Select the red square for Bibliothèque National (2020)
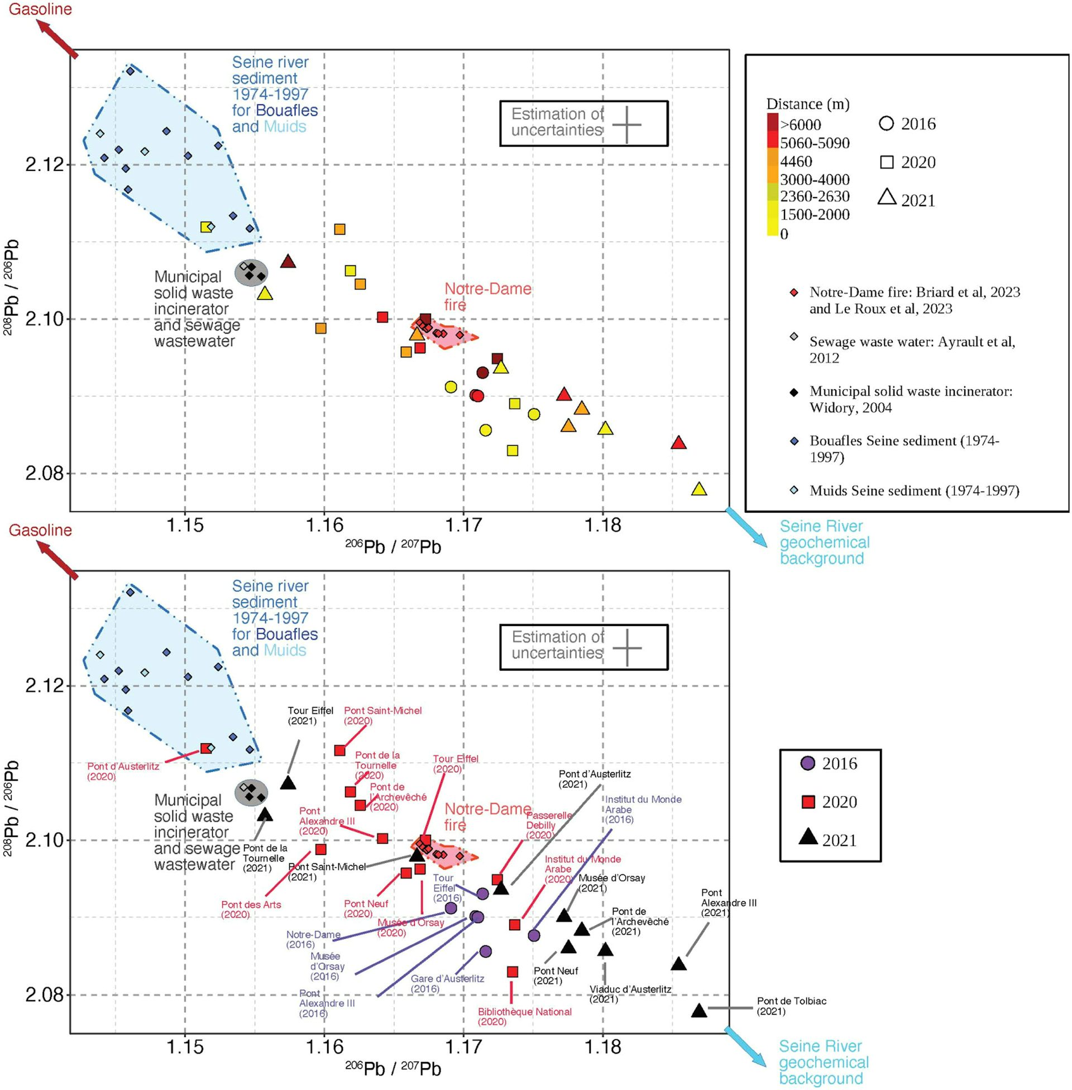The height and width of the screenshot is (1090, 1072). pyautogui.click(x=513, y=972)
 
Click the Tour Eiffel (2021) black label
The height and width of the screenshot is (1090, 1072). pyautogui.click(x=310, y=716)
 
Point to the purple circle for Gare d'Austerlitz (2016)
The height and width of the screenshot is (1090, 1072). pyautogui.click(x=485, y=952)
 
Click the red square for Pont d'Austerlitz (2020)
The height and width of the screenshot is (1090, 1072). pyautogui.click(x=206, y=748)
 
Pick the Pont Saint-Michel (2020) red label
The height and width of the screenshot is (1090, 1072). pyautogui.click(x=382, y=716)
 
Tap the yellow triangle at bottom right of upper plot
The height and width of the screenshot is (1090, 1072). pyautogui.click(x=698, y=489)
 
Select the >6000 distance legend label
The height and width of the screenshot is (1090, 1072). pyautogui.click(x=800, y=125)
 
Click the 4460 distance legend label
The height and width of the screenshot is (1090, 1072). pyautogui.click(x=796, y=161)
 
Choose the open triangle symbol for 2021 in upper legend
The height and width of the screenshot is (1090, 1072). pyautogui.click(x=887, y=197)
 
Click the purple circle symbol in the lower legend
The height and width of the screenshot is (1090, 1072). pyautogui.click(x=808, y=763)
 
